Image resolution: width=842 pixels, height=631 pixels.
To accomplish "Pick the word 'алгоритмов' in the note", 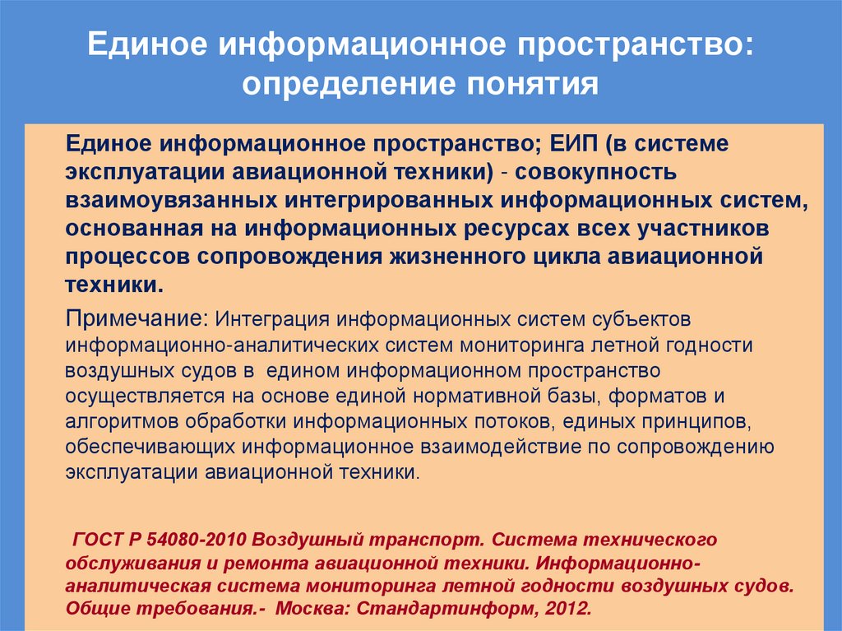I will point(123,422).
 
